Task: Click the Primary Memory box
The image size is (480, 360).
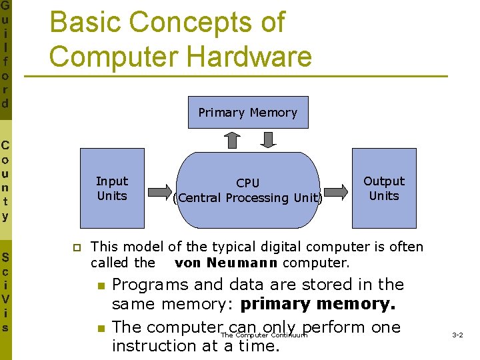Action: (x=248, y=113)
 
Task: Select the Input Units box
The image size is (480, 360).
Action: (x=112, y=189)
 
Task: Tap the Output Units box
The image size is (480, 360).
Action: (x=383, y=189)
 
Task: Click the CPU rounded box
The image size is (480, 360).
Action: (x=247, y=191)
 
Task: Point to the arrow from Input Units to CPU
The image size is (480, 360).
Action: (x=157, y=190)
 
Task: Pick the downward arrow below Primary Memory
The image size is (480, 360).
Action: (x=268, y=140)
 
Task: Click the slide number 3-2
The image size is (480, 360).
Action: (x=458, y=335)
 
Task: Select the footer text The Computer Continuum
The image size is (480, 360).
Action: (x=264, y=335)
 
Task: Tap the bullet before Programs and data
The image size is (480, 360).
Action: (x=101, y=286)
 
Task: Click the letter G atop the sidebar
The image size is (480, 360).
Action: (x=5, y=6)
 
